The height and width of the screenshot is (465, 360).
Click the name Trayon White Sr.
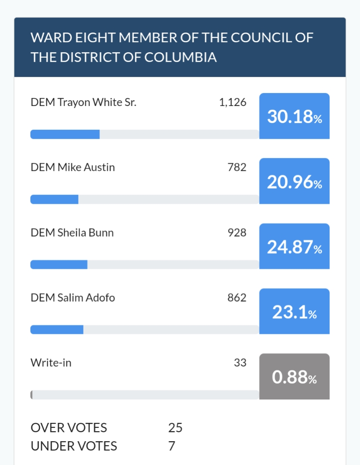pos(97,103)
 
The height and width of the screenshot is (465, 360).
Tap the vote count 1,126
pos(232,103)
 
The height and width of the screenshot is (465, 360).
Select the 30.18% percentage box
pos(294,116)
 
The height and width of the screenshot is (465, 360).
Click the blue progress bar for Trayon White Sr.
pos(65,134)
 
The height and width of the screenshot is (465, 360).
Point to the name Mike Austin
pos(86,168)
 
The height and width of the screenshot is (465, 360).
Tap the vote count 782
pos(237,168)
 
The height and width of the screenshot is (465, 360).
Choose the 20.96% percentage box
pos(294,181)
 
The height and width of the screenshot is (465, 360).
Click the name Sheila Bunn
pos(85,233)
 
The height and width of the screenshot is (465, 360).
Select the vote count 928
pos(237,233)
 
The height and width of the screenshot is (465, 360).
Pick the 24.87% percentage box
pos(294,247)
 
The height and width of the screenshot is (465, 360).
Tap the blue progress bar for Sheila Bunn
pos(59,265)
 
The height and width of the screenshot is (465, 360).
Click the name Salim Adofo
pos(86,298)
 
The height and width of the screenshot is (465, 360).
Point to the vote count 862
pos(237,298)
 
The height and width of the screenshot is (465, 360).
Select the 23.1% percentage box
pos(294,312)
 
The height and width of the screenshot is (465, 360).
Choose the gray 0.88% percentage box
pos(294,377)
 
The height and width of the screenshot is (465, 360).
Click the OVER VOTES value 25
pos(175,428)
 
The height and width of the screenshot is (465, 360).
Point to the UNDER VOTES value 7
pos(171,446)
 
